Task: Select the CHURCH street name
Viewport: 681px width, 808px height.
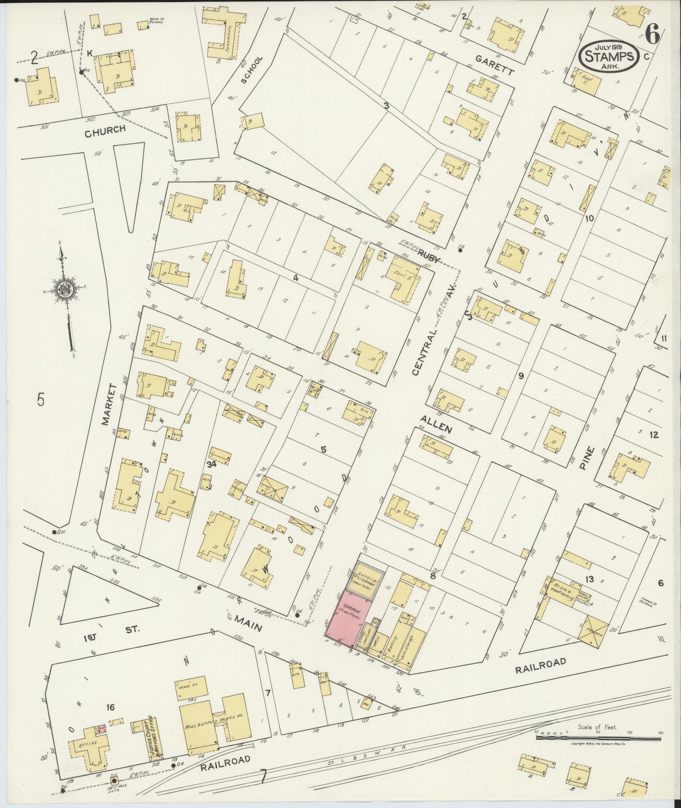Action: coord(105,132)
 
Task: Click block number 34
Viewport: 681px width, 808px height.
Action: coord(211,464)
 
